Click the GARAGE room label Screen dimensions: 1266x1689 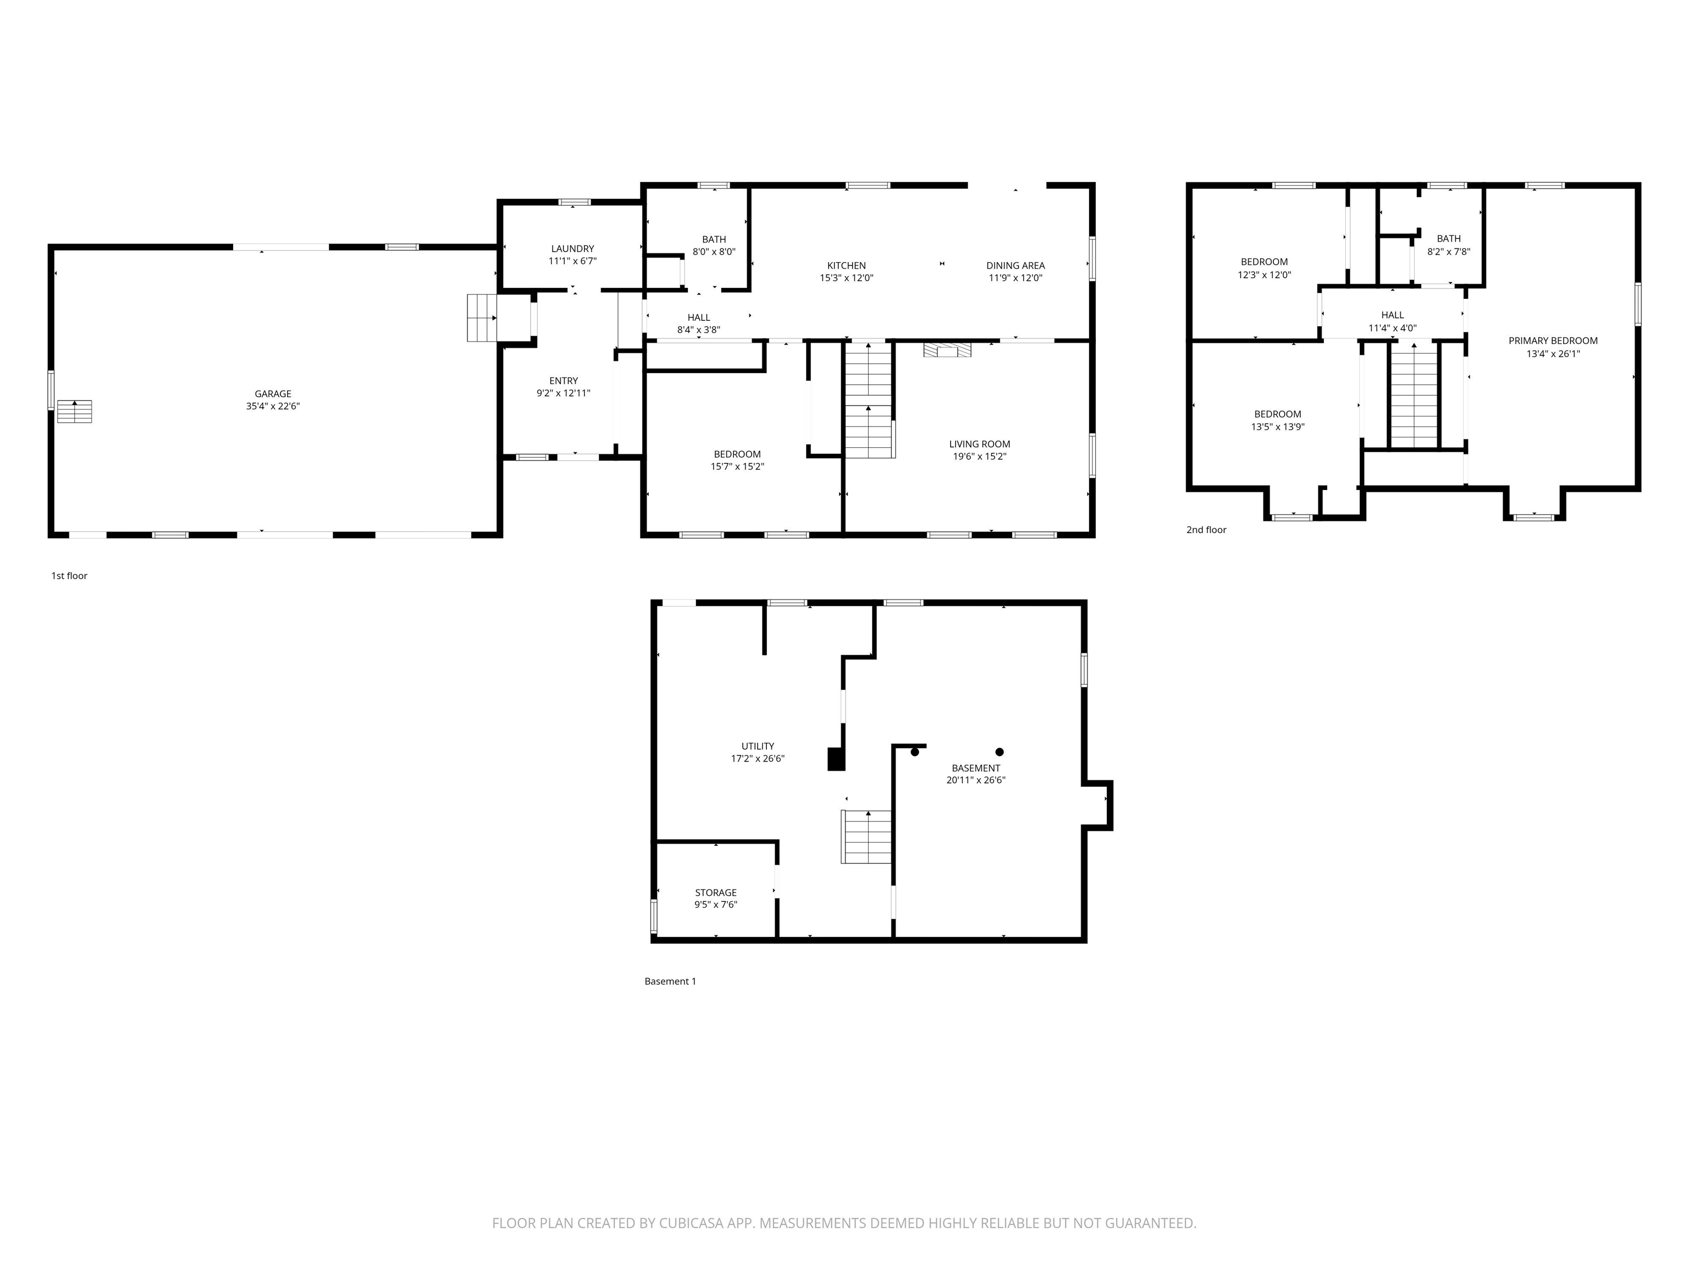pos(273,394)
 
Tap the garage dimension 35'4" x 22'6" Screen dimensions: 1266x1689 pos(273,407)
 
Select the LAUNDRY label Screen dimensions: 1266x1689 pos(572,249)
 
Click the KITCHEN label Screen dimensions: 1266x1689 pos(846,265)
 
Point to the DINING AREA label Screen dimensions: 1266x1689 pos(1015,265)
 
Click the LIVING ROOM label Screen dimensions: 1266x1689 pos(979,444)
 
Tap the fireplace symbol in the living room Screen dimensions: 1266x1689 pos(947,350)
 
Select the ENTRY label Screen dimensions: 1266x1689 pos(564,381)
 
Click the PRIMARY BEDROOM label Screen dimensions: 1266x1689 pos(1552,341)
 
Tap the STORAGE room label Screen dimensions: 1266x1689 pos(715,892)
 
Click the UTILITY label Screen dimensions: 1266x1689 pos(758,746)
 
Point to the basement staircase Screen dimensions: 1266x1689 pos(866,836)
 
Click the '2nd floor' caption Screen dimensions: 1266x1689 pos(1206,530)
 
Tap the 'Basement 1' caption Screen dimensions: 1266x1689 pos(670,981)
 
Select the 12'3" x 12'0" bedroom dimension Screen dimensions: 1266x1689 pos(1263,275)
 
